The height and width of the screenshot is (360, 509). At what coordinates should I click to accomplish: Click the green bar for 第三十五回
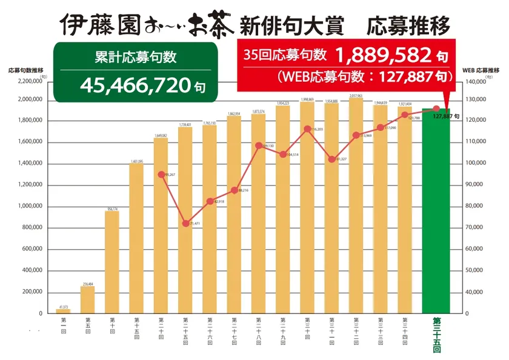(x=436, y=212)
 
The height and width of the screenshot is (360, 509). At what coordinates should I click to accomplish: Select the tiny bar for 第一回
(x=63, y=311)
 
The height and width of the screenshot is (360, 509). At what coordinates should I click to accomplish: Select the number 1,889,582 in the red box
(x=382, y=56)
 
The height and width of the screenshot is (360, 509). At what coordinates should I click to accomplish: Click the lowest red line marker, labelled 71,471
(x=186, y=224)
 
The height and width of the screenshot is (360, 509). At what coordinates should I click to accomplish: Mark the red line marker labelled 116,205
(x=308, y=129)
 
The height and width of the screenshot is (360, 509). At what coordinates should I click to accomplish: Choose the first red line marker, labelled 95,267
(x=161, y=175)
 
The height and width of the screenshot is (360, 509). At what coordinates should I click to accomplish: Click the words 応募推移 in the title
(x=412, y=27)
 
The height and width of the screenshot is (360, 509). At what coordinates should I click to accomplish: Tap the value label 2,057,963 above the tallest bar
(x=356, y=96)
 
